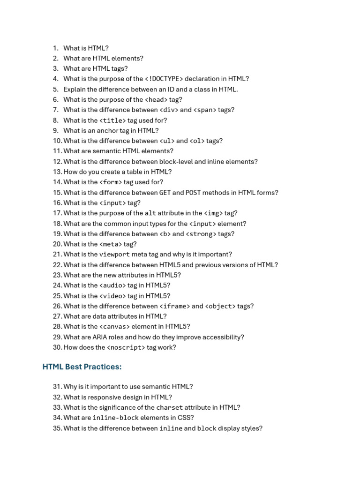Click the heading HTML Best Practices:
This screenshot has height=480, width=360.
(x=82, y=367)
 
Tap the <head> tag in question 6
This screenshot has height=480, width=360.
(x=156, y=99)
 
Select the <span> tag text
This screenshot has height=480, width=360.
(x=205, y=110)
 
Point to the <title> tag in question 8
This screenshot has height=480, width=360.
(x=112, y=120)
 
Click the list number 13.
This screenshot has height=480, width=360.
(x=57, y=172)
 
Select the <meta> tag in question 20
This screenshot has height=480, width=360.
(x=111, y=244)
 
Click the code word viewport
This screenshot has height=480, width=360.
(x=114, y=255)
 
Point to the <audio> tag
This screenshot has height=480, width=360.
(x=112, y=285)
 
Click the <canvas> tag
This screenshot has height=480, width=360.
(x=114, y=327)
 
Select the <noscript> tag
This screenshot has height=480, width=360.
(x=126, y=347)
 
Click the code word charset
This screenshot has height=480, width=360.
(x=169, y=408)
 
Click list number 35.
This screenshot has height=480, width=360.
(x=57, y=428)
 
